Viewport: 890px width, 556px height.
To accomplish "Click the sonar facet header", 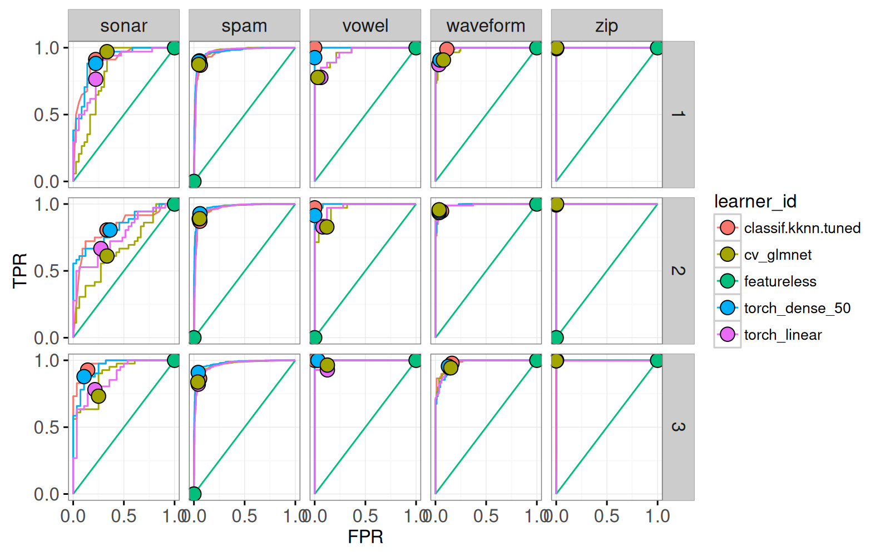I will point(123,26).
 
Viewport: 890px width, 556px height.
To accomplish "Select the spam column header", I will point(244,26).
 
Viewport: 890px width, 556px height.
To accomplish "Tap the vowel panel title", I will point(365,26).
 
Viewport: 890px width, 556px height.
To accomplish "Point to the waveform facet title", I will point(486,26).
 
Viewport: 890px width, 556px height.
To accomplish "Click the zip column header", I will point(606,26).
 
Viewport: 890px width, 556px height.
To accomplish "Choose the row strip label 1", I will point(678,114).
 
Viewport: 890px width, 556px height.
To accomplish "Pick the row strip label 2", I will point(678,271).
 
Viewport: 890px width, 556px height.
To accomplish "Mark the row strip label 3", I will point(678,427).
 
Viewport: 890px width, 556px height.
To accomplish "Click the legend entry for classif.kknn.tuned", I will point(802,228).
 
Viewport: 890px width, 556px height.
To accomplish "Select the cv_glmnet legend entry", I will point(778,255).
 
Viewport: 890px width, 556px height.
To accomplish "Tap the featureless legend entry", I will point(780,281).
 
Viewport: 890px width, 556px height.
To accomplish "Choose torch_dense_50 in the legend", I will point(797,308).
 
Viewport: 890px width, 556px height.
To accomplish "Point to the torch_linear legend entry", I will point(783,335).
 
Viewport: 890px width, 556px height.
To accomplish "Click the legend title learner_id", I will point(755,201).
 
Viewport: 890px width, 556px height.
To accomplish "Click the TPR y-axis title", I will point(20,271).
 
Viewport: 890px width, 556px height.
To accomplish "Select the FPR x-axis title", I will point(365,537).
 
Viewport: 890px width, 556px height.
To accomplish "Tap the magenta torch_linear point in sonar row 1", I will point(96,79).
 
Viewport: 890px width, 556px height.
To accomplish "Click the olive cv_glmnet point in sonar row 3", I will point(98,396).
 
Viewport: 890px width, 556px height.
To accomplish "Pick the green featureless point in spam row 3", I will point(194,494).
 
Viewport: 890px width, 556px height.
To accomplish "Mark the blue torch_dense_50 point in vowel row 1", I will point(315,57).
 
